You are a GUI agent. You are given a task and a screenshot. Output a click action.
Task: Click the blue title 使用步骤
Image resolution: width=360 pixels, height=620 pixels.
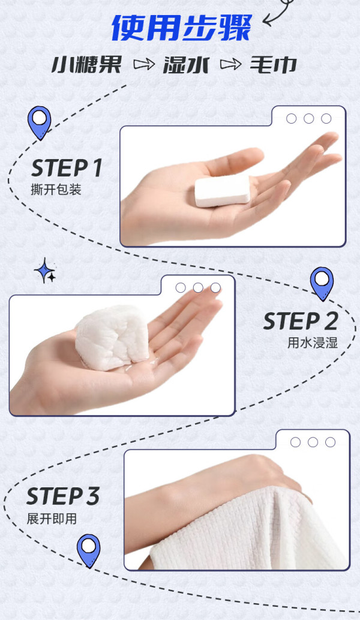[181, 28]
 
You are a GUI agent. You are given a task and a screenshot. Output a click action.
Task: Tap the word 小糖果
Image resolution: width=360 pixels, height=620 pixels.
[86, 65]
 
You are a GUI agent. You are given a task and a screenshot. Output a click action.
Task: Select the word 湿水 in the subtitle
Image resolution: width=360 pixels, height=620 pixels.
[185, 65]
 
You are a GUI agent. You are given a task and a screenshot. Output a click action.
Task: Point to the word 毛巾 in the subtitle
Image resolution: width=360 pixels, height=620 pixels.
[273, 65]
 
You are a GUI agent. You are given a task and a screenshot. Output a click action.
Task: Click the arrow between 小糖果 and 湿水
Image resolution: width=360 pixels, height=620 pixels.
[144, 64]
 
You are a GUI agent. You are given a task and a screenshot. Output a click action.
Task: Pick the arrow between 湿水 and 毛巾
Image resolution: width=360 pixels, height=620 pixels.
[230, 64]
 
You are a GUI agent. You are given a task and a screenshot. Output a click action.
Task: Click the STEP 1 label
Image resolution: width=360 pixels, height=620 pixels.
[67, 167]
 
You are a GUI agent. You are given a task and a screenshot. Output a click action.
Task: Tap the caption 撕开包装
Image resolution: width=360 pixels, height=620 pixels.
[56, 190]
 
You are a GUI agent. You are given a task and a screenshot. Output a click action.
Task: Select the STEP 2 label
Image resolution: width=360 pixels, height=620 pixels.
[301, 321]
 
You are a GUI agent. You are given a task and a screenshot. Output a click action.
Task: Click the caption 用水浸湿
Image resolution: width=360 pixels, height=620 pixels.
[313, 343]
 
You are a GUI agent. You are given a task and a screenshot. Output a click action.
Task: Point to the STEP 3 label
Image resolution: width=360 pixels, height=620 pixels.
[62, 496]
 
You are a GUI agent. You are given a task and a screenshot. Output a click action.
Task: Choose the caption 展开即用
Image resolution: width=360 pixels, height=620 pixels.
[52, 519]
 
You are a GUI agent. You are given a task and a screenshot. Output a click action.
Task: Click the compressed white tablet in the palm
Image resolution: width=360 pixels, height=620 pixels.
[223, 191]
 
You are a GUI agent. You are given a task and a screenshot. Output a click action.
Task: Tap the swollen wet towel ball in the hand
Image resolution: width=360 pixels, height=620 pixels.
[112, 338]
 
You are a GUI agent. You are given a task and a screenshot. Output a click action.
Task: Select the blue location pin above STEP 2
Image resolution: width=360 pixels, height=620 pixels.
[322, 283]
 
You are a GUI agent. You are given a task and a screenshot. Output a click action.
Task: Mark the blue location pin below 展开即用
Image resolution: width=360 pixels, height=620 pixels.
[89, 550]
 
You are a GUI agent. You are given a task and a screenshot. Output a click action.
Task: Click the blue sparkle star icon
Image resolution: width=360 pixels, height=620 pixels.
[46, 271]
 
